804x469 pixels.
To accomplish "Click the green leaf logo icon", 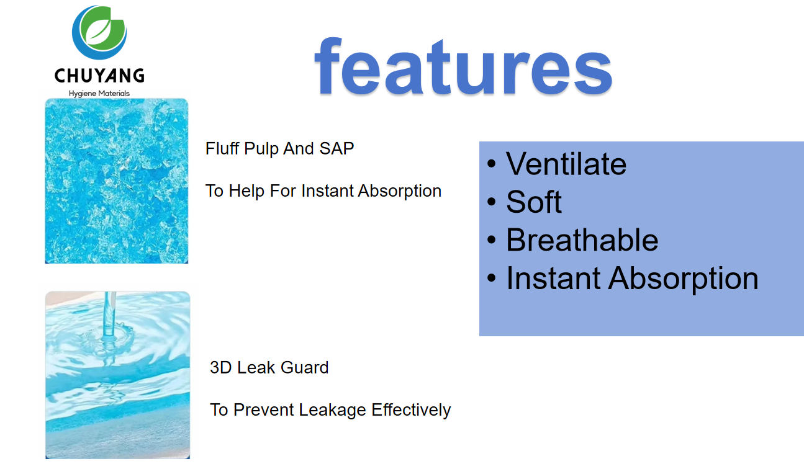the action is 99,32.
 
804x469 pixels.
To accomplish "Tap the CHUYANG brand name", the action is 99,76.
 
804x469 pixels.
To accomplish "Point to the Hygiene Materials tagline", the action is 99,94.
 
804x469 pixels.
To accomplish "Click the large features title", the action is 463,66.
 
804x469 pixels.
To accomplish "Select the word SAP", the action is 337,148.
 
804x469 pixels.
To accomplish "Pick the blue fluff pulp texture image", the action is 116,181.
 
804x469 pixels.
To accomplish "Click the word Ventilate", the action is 566,164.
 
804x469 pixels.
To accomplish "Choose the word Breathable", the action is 582,240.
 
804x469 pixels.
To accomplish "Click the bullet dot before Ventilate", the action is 491,164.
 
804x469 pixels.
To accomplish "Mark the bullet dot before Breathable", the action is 491,240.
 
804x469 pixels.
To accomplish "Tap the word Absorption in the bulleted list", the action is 683,279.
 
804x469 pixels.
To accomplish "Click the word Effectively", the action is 411,410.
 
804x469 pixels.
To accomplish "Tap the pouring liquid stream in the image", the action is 109,315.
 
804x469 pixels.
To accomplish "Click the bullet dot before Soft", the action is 491,202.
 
